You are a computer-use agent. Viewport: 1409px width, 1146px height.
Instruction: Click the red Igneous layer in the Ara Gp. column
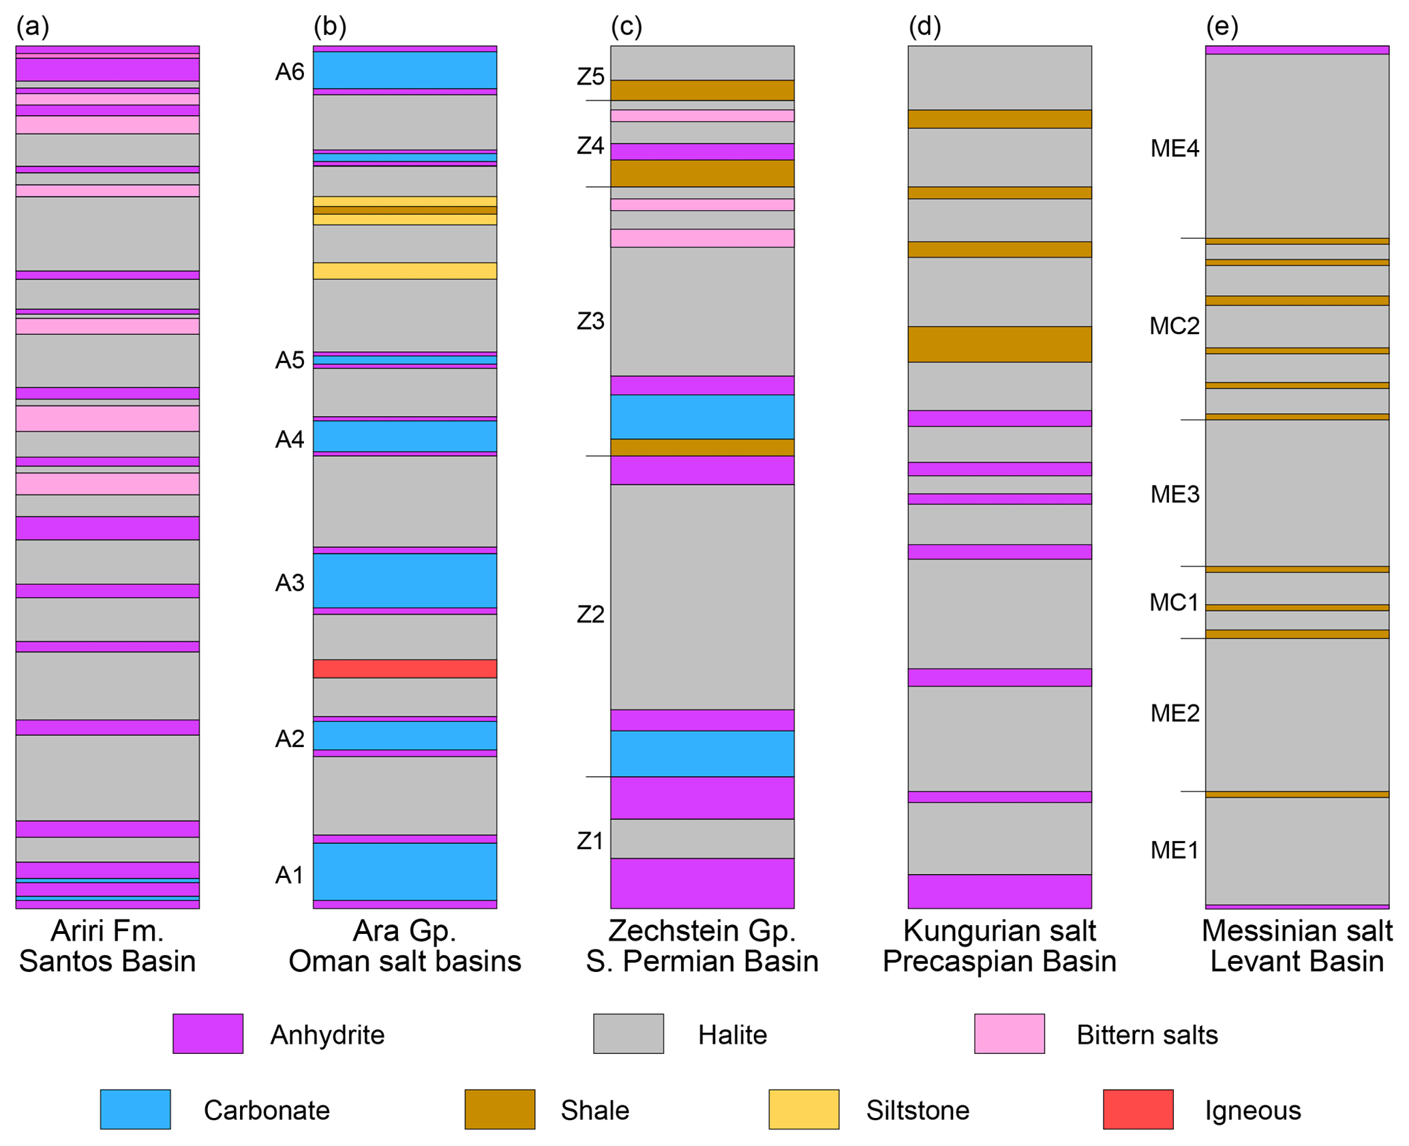click(x=404, y=668)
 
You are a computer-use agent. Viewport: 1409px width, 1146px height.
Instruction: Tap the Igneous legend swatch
click(x=1138, y=1109)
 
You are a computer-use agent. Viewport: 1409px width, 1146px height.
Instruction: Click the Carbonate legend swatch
click(x=135, y=1109)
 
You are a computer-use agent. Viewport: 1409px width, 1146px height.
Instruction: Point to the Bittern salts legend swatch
click(x=1009, y=1033)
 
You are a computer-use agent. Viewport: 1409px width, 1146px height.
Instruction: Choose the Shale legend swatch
click(x=500, y=1109)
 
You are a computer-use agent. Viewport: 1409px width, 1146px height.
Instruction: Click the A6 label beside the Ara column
click(x=290, y=72)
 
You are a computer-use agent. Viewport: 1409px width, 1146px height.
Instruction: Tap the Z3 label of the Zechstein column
click(x=590, y=321)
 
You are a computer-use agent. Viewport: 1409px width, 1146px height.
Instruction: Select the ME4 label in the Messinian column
click(x=1175, y=148)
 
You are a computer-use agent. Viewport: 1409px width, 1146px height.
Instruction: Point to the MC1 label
click(x=1174, y=602)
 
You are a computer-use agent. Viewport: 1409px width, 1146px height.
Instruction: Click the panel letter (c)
click(x=626, y=27)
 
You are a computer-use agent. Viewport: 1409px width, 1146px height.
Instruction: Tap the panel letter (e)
click(x=1222, y=27)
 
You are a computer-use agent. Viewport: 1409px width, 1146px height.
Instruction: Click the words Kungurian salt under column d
click(x=999, y=930)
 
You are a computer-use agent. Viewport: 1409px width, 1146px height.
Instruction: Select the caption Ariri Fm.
click(x=107, y=930)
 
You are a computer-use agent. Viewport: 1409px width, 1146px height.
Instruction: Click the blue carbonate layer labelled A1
click(x=404, y=871)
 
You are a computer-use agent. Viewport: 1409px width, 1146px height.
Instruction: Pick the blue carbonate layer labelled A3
click(x=404, y=581)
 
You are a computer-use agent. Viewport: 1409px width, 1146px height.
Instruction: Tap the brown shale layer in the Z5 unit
click(x=702, y=90)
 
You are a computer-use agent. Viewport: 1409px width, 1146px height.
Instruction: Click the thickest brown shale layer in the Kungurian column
click(x=999, y=344)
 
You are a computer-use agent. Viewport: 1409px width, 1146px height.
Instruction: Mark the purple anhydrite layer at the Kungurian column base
click(x=999, y=891)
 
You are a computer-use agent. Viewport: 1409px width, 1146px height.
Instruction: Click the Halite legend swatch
click(x=628, y=1033)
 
